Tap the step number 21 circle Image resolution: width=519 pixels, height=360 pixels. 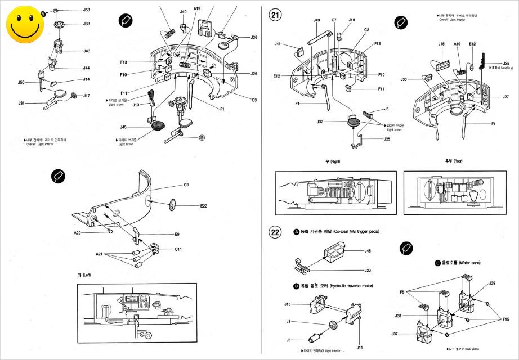pos(275,15)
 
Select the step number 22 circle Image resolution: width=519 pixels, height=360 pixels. pos(275,232)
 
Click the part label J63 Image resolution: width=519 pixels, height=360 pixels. pos(87,10)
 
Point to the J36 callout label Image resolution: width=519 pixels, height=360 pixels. pos(254,38)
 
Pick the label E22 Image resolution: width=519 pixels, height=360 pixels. pos(203,206)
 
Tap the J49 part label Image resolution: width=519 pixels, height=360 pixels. pos(317,20)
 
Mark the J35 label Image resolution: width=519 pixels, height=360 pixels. pos(507,64)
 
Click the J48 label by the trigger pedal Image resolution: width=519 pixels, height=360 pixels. pos(368,251)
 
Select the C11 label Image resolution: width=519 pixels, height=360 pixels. pos(178,249)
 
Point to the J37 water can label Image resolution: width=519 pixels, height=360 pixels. pos(395,334)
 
